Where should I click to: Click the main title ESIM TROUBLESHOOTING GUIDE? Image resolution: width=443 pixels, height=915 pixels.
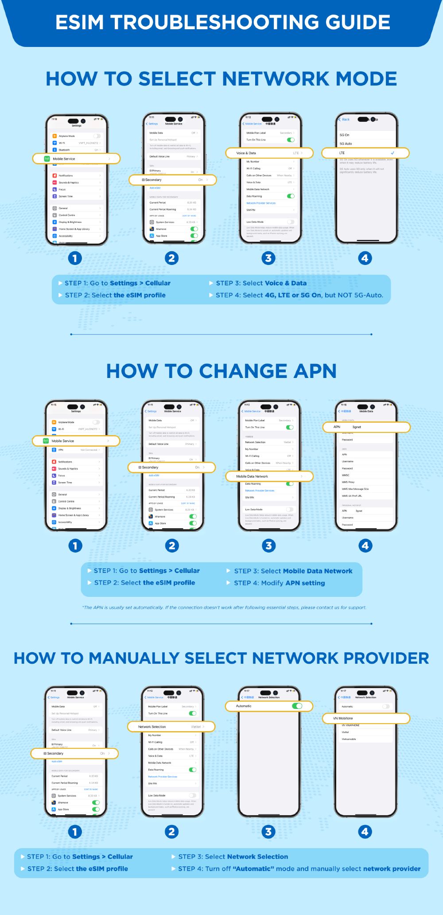click(x=222, y=22)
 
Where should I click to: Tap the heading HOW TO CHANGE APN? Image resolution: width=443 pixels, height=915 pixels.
click(x=221, y=371)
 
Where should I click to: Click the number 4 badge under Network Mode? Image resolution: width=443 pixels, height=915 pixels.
click(x=365, y=258)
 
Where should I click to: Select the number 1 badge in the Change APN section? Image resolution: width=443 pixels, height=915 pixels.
click(x=75, y=545)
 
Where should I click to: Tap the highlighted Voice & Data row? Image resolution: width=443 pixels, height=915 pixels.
click(x=269, y=153)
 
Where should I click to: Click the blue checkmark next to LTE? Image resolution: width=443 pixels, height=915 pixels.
click(x=392, y=153)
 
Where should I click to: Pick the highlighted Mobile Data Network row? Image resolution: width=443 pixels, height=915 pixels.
click(x=269, y=476)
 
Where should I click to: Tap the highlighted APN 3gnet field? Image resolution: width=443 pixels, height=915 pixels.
click(x=366, y=427)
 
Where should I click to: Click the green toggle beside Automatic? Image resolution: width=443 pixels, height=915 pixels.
click(x=297, y=706)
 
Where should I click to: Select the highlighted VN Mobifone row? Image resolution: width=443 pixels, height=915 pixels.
click(x=365, y=718)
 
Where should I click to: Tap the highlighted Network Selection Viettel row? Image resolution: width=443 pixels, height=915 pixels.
click(x=171, y=727)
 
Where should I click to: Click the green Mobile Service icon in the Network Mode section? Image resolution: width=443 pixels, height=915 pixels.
click(x=47, y=159)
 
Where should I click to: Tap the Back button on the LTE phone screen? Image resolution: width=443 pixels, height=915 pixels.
click(x=344, y=119)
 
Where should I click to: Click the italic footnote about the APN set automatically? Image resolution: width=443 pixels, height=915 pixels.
click(x=224, y=607)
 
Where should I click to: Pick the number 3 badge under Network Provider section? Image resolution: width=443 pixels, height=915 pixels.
click(x=268, y=832)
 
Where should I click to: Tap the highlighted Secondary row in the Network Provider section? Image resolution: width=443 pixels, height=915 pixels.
click(x=74, y=753)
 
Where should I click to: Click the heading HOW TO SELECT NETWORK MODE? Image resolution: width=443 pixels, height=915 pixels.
click(x=221, y=79)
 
